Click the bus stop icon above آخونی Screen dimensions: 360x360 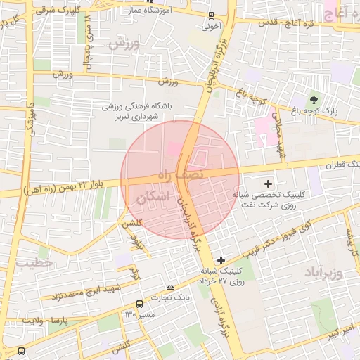[x=212, y=15]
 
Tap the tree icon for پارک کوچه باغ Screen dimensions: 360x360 [x=314, y=98]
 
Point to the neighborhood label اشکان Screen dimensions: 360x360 [x=154, y=198]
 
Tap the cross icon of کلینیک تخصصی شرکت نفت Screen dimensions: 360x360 [x=267, y=183]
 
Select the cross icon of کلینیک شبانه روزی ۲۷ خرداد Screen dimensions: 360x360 [x=221, y=260]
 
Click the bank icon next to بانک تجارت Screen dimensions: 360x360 [x=170, y=287]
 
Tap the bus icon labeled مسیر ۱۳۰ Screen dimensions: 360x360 [x=139, y=304]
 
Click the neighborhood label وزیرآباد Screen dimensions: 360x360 [x=323, y=271]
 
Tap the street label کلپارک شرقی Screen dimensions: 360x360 [x=75, y=10]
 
